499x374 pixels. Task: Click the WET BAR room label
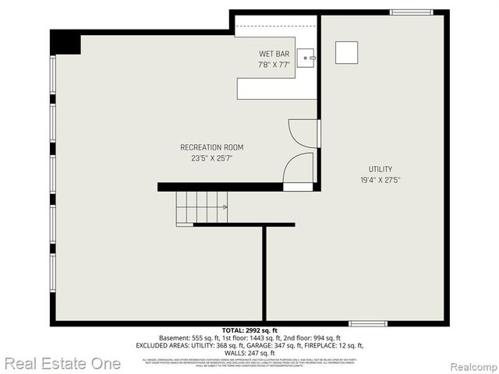pyautogui.click(x=274, y=54)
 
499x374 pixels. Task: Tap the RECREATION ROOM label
pyautogui.click(x=211, y=147)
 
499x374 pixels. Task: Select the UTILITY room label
pyautogui.click(x=380, y=169)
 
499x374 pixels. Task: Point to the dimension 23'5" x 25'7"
pyautogui.click(x=211, y=158)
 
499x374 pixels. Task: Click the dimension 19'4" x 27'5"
pyautogui.click(x=380, y=180)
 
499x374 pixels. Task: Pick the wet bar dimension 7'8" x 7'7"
pyautogui.click(x=274, y=65)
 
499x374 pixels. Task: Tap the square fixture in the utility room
pyautogui.click(x=347, y=52)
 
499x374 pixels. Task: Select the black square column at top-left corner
pyautogui.click(x=65, y=44)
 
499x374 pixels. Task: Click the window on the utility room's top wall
pyautogui.click(x=411, y=12)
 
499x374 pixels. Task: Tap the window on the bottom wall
pyautogui.click(x=367, y=323)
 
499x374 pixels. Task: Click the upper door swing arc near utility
pyautogui.click(x=301, y=132)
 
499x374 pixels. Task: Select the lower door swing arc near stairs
pyautogui.click(x=298, y=168)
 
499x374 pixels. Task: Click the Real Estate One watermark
pyautogui.click(x=62, y=363)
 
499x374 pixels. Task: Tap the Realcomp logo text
pyautogui.click(x=471, y=365)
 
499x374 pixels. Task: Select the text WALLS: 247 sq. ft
pyautogui.click(x=249, y=353)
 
